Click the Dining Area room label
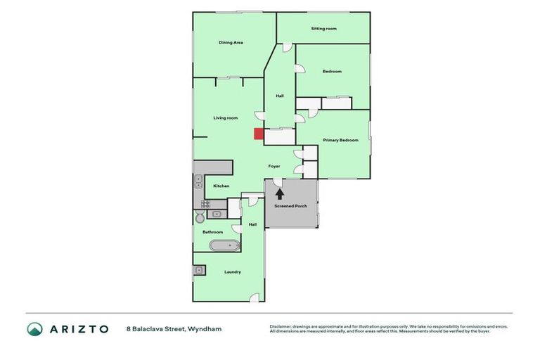tap(231, 43)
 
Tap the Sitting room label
tap(323, 29)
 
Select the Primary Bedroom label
tap(340, 140)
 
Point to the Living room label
tap(226, 117)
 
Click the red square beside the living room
tap(259, 134)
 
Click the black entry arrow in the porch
tap(280, 192)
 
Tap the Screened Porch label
tap(290, 206)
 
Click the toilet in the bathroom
tap(199, 218)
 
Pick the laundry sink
tap(200, 269)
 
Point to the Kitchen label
tap(221, 186)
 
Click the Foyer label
tap(274, 166)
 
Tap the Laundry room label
tap(233, 272)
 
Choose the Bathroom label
tap(212, 231)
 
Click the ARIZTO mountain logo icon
tap(34, 328)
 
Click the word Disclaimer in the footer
tap(282, 326)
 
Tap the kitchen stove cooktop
tap(205, 204)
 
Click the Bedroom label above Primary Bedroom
tap(332, 71)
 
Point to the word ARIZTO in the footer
tap(79, 328)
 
